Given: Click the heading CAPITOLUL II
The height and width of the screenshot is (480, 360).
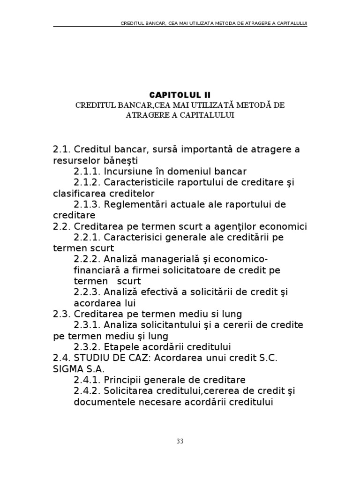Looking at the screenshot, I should [180, 95].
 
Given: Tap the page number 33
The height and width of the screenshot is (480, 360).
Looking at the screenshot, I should [180, 441].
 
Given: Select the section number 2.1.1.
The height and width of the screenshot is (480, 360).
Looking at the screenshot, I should [87, 172].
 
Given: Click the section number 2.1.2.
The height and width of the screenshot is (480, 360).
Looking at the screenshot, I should [87, 182].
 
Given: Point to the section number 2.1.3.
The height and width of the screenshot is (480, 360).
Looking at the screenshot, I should [87, 205].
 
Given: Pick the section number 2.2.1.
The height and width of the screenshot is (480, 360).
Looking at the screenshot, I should [87, 238].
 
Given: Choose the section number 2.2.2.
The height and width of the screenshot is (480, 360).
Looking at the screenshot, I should [87, 260].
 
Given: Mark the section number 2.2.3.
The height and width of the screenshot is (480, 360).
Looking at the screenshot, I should [87, 292].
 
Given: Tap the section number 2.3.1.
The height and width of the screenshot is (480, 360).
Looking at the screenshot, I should [87, 325].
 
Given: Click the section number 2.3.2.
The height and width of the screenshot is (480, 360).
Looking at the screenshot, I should [87, 347].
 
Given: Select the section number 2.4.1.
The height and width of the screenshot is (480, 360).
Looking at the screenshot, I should [87, 380].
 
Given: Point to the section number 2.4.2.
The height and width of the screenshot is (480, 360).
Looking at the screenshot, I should [87, 391].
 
